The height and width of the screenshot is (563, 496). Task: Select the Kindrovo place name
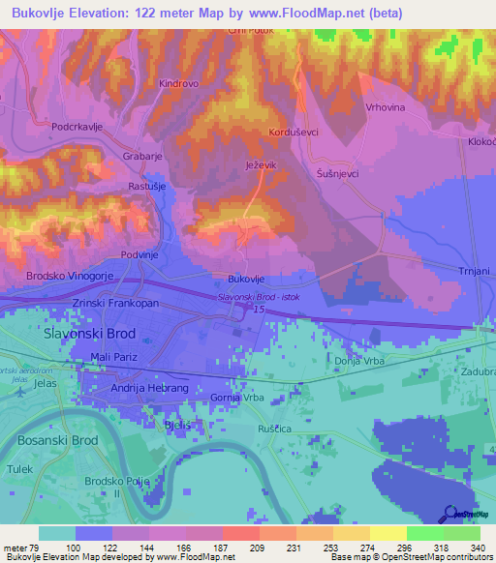(178, 84)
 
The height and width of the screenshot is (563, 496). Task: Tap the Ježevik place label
(261, 165)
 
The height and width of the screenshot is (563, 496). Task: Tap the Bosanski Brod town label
(57, 439)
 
